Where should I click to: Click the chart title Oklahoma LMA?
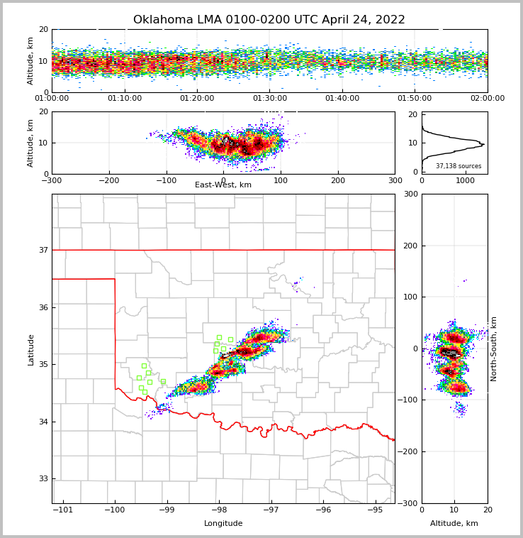269,20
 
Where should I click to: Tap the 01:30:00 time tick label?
270,99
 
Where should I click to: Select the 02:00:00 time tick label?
487,99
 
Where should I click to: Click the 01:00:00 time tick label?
52,99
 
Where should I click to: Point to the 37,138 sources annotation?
459,166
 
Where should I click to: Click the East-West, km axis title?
223,185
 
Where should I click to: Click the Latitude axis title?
31,349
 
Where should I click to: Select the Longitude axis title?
223,524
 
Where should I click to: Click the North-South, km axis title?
494,349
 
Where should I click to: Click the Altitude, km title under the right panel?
454,524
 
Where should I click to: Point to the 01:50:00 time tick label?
415,99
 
